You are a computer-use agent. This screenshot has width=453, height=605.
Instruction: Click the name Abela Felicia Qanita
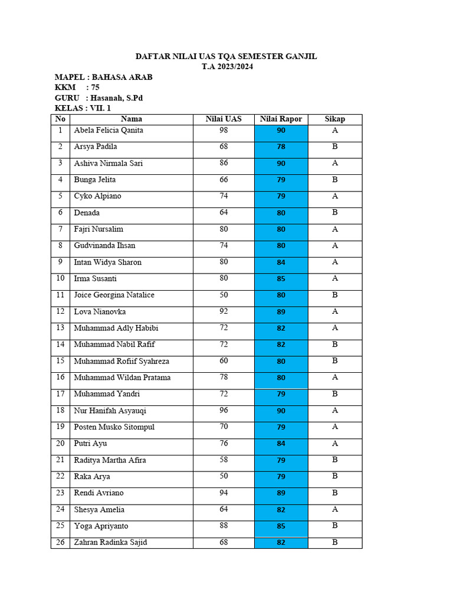coord(109,131)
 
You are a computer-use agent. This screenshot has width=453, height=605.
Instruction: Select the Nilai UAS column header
coord(224,119)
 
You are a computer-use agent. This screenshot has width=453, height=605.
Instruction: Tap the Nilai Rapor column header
coord(281,119)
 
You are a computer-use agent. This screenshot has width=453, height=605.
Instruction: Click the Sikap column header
coord(334,119)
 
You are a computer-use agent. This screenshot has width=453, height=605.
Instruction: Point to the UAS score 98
coord(224,131)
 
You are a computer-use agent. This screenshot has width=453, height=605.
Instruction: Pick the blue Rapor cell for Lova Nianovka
coord(281,312)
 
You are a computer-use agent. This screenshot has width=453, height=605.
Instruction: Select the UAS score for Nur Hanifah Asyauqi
coord(224,411)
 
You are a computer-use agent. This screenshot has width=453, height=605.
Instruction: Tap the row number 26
coord(60,542)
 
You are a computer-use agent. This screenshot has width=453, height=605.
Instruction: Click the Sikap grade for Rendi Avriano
coord(334,493)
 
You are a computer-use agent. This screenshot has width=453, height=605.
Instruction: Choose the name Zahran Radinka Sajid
coord(110,542)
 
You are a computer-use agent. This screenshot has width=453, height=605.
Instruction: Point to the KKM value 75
coord(96,87)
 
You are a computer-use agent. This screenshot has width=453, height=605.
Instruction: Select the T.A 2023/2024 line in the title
coord(226,67)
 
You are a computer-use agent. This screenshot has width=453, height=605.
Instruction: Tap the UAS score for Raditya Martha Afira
coord(224,460)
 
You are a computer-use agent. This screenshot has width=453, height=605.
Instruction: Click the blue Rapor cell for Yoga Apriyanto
coord(281,526)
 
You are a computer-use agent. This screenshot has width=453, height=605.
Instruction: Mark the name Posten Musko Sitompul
coord(114,427)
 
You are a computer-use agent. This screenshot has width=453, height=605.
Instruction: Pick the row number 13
coord(60,328)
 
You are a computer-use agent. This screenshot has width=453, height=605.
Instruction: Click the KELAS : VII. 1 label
coord(83,109)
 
